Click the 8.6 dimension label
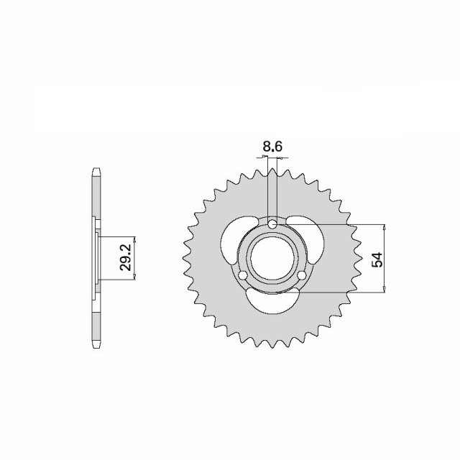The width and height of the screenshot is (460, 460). tap(272, 147)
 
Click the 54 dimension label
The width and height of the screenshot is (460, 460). tap(377, 259)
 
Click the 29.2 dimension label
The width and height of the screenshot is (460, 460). tap(126, 258)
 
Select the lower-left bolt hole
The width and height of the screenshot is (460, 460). tap(243, 275)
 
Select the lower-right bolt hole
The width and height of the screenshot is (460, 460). tap(302, 275)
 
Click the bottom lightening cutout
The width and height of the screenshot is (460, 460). tap(272, 302)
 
